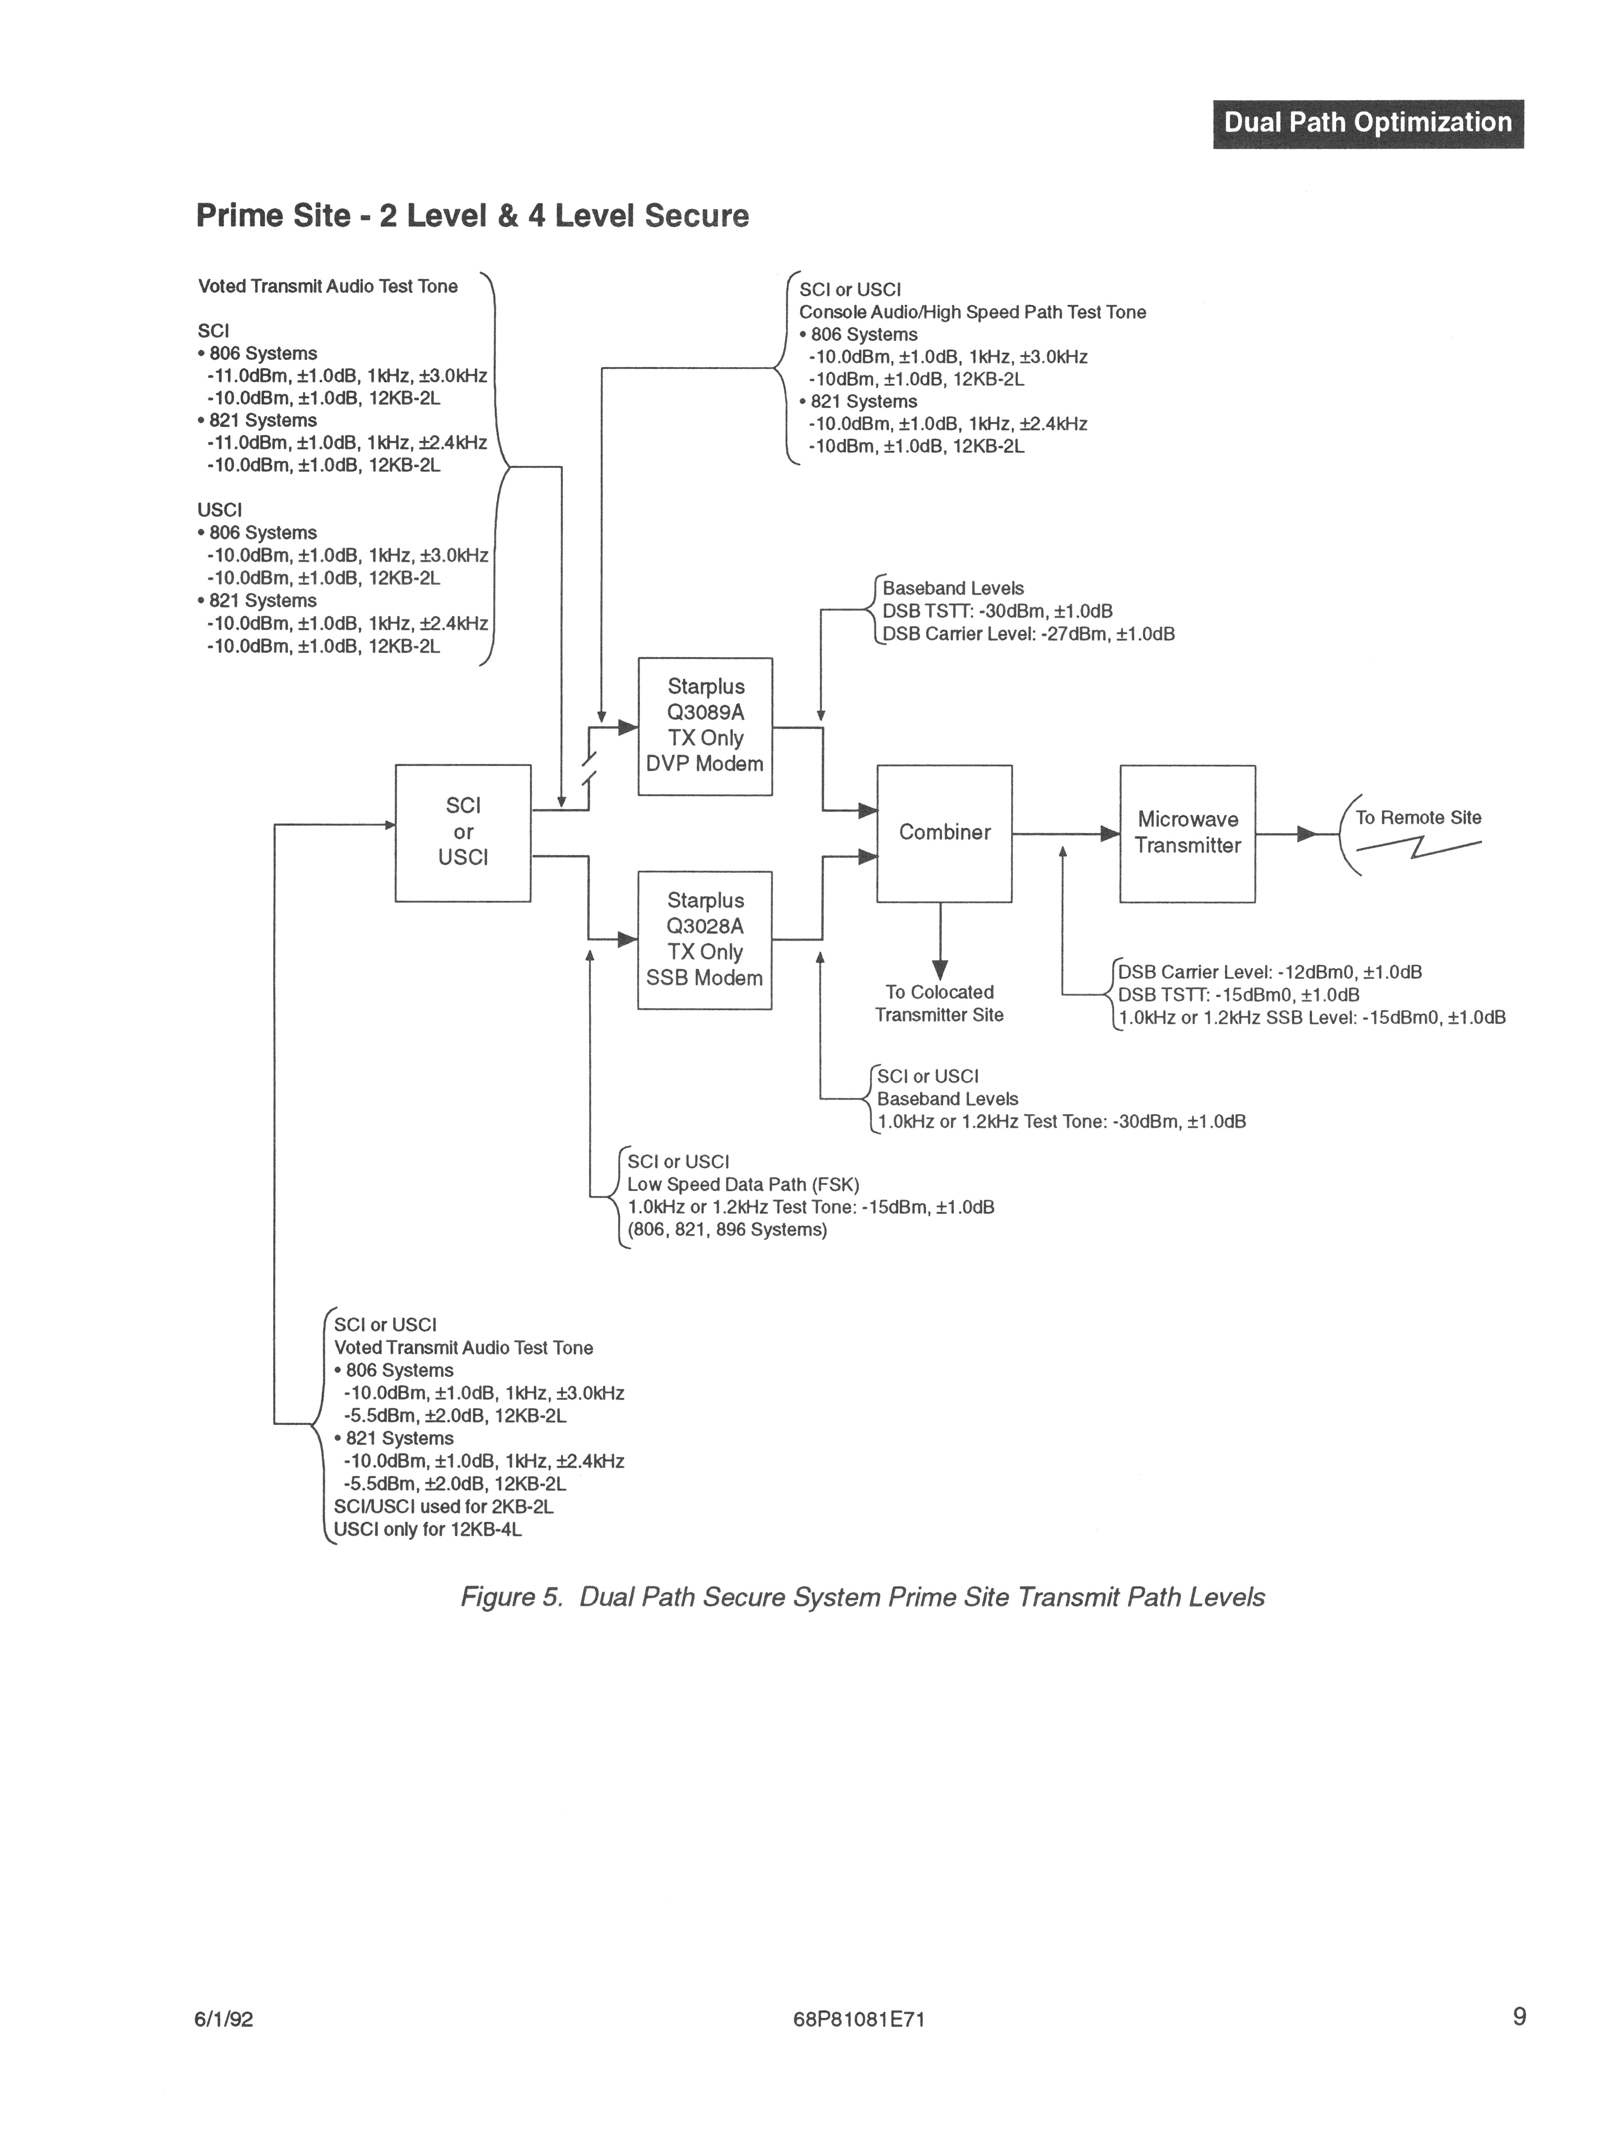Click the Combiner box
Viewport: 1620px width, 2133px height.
(944, 833)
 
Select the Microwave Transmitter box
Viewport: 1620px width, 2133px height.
(1187, 833)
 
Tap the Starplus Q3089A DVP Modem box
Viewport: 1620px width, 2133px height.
(705, 726)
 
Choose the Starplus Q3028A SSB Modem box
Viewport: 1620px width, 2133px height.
(705, 940)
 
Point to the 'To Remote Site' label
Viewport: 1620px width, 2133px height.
(1417, 818)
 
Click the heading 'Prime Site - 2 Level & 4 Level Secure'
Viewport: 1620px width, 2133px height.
(473, 215)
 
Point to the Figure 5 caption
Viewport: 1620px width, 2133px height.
(862, 1597)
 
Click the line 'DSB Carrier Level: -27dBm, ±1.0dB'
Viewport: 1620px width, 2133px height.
(1028, 635)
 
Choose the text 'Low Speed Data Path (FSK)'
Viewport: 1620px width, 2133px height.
(742, 1184)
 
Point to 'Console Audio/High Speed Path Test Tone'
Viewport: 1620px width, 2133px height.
(972, 312)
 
